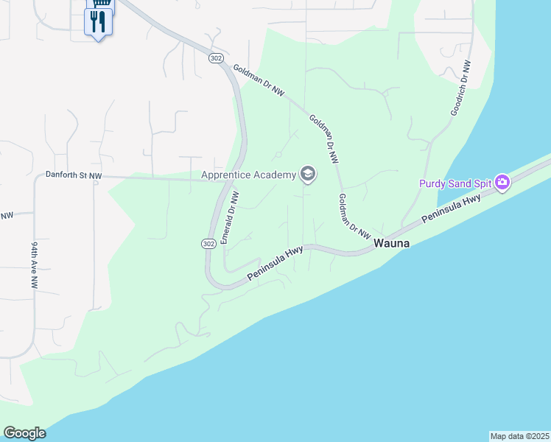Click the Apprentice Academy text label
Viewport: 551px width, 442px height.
pos(248,175)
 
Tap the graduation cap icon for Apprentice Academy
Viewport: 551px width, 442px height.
pos(308,175)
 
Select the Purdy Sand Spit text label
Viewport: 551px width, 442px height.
pos(456,183)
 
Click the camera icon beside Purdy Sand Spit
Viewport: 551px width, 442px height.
pos(503,182)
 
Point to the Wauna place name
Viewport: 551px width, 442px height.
pos(392,243)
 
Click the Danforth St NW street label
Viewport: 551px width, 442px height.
pos(74,175)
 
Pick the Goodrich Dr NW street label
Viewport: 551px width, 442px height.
pos(460,88)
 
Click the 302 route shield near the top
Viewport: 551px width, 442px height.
pos(215,57)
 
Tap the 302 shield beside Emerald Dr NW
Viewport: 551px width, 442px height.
pos(208,243)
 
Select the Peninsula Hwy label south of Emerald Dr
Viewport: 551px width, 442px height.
pos(275,263)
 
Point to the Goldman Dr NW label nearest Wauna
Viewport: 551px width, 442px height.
pos(354,217)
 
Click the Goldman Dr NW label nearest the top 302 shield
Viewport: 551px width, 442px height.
pos(258,80)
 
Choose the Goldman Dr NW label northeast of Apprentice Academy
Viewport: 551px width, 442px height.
pos(324,138)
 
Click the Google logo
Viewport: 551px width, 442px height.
pos(24,432)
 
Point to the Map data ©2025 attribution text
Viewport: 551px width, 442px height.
pos(519,435)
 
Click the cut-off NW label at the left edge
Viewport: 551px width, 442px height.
pos(7,216)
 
